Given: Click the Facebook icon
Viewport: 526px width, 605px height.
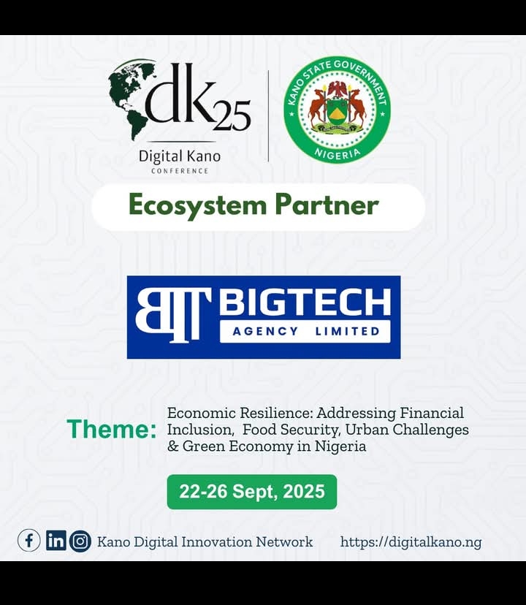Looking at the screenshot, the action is [29, 541].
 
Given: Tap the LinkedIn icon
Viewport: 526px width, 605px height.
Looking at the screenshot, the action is [56, 541].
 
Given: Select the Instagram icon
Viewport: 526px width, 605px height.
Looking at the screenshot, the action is [80, 541].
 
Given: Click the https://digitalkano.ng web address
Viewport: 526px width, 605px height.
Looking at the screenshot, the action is [411, 542].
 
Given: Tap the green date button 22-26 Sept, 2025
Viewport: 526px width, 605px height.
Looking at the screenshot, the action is [252, 492].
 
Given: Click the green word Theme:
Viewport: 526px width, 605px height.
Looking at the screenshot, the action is [112, 429].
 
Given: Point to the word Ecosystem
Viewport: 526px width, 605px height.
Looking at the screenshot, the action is [197, 205].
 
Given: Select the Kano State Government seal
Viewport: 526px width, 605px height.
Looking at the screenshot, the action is [337, 110].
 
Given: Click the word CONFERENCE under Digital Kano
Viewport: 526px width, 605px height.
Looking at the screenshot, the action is [180, 171].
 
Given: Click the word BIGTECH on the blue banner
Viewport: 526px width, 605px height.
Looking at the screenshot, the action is [305, 302].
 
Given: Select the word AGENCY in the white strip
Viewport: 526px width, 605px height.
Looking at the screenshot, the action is [265, 331].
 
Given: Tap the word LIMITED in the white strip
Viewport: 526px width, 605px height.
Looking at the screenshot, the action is [347, 331].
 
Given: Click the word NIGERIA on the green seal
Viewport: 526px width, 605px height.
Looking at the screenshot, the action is [338, 154].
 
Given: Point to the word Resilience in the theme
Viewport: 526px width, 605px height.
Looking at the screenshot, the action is [276, 414].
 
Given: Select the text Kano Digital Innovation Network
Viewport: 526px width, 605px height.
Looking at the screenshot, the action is [205, 541].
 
